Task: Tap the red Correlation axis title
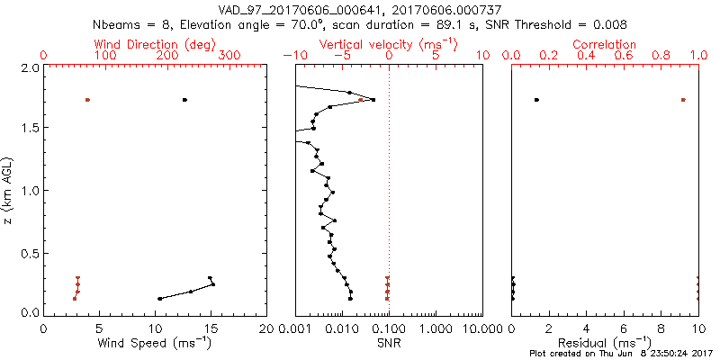(605, 44)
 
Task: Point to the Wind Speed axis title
(155, 344)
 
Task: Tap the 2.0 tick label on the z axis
(29, 68)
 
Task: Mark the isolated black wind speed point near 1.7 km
(184, 100)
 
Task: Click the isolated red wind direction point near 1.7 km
(87, 100)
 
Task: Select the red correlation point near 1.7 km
(683, 100)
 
